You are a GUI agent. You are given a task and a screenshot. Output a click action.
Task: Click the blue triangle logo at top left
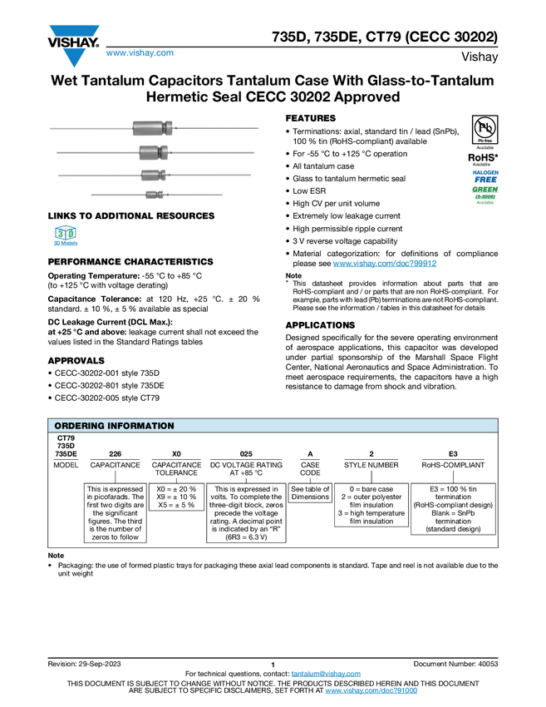tap(74, 58)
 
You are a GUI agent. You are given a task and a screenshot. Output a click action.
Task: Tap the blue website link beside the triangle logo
tap(140, 54)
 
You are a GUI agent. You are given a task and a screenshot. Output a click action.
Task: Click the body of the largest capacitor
tap(149, 128)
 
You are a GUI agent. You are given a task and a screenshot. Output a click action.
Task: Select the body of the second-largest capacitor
tap(150, 152)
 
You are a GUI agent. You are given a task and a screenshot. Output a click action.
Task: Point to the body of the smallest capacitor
tap(151, 195)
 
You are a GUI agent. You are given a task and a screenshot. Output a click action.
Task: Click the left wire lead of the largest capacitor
tap(91, 129)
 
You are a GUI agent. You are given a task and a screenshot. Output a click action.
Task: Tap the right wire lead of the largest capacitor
tap(216, 128)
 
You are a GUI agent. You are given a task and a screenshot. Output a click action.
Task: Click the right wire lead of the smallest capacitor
tap(195, 195)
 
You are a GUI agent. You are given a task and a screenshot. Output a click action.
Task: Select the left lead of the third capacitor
tap(100, 175)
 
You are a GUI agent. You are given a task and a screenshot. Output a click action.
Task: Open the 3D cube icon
tap(65, 233)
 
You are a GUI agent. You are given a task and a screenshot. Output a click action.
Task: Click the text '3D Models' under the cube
tap(65, 246)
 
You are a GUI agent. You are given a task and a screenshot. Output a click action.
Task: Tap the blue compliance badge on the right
tap(485, 176)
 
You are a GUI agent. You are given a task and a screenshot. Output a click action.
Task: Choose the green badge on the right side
tap(485, 195)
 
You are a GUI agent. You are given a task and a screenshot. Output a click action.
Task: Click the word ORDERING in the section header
tap(79, 426)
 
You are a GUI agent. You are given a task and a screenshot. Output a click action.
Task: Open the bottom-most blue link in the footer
tap(371, 691)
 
